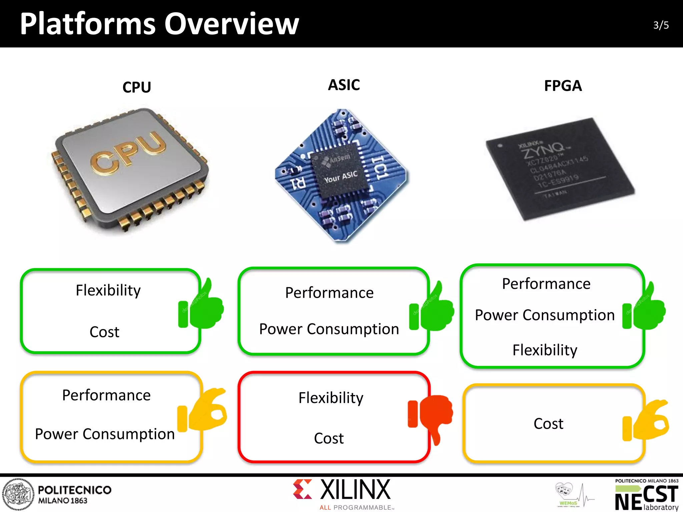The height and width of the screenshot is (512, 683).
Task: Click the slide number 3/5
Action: (661, 25)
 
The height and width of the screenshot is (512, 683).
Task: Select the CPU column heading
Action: (137, 87)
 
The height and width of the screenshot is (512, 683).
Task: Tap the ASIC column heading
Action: (344, 85)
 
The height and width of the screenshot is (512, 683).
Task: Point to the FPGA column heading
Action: (563, 86)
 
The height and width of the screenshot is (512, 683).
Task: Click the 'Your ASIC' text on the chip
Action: (340, 177)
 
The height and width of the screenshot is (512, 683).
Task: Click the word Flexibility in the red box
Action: (331, 398)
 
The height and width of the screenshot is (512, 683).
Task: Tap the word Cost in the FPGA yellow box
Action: (548, 424)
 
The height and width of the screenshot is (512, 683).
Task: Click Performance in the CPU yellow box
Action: (106, 395)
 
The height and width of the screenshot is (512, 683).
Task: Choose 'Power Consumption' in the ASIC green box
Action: (329, 329)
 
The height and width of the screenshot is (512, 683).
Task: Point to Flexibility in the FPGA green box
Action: (545, 350)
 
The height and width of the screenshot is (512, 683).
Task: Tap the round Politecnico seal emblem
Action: (18, 494)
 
